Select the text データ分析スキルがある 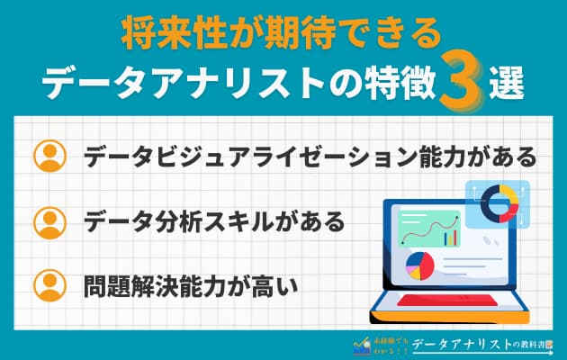214,220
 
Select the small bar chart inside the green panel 449,237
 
